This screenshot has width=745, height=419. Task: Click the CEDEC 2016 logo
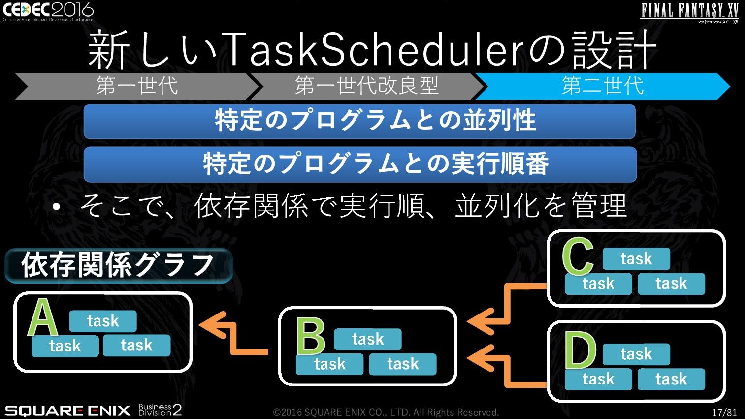(x=48, y=11)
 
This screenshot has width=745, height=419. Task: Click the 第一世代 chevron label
(x=137, y=86)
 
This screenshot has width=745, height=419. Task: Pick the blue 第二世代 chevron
(x=603, y=86)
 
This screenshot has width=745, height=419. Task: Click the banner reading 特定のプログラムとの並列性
(x=359, y=121)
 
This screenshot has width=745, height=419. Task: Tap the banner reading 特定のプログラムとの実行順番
(x=360, y=164)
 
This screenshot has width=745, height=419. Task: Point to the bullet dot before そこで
(x=56, y=207)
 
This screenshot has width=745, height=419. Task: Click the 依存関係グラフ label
(x=119, y=266)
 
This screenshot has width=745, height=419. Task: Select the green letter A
(x=43, y=317)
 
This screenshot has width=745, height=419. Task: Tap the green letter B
(x=310, y=336)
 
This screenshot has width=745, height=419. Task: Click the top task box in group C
(x=636, y=259)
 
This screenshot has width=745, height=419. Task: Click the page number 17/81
(x=724, y=412)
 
